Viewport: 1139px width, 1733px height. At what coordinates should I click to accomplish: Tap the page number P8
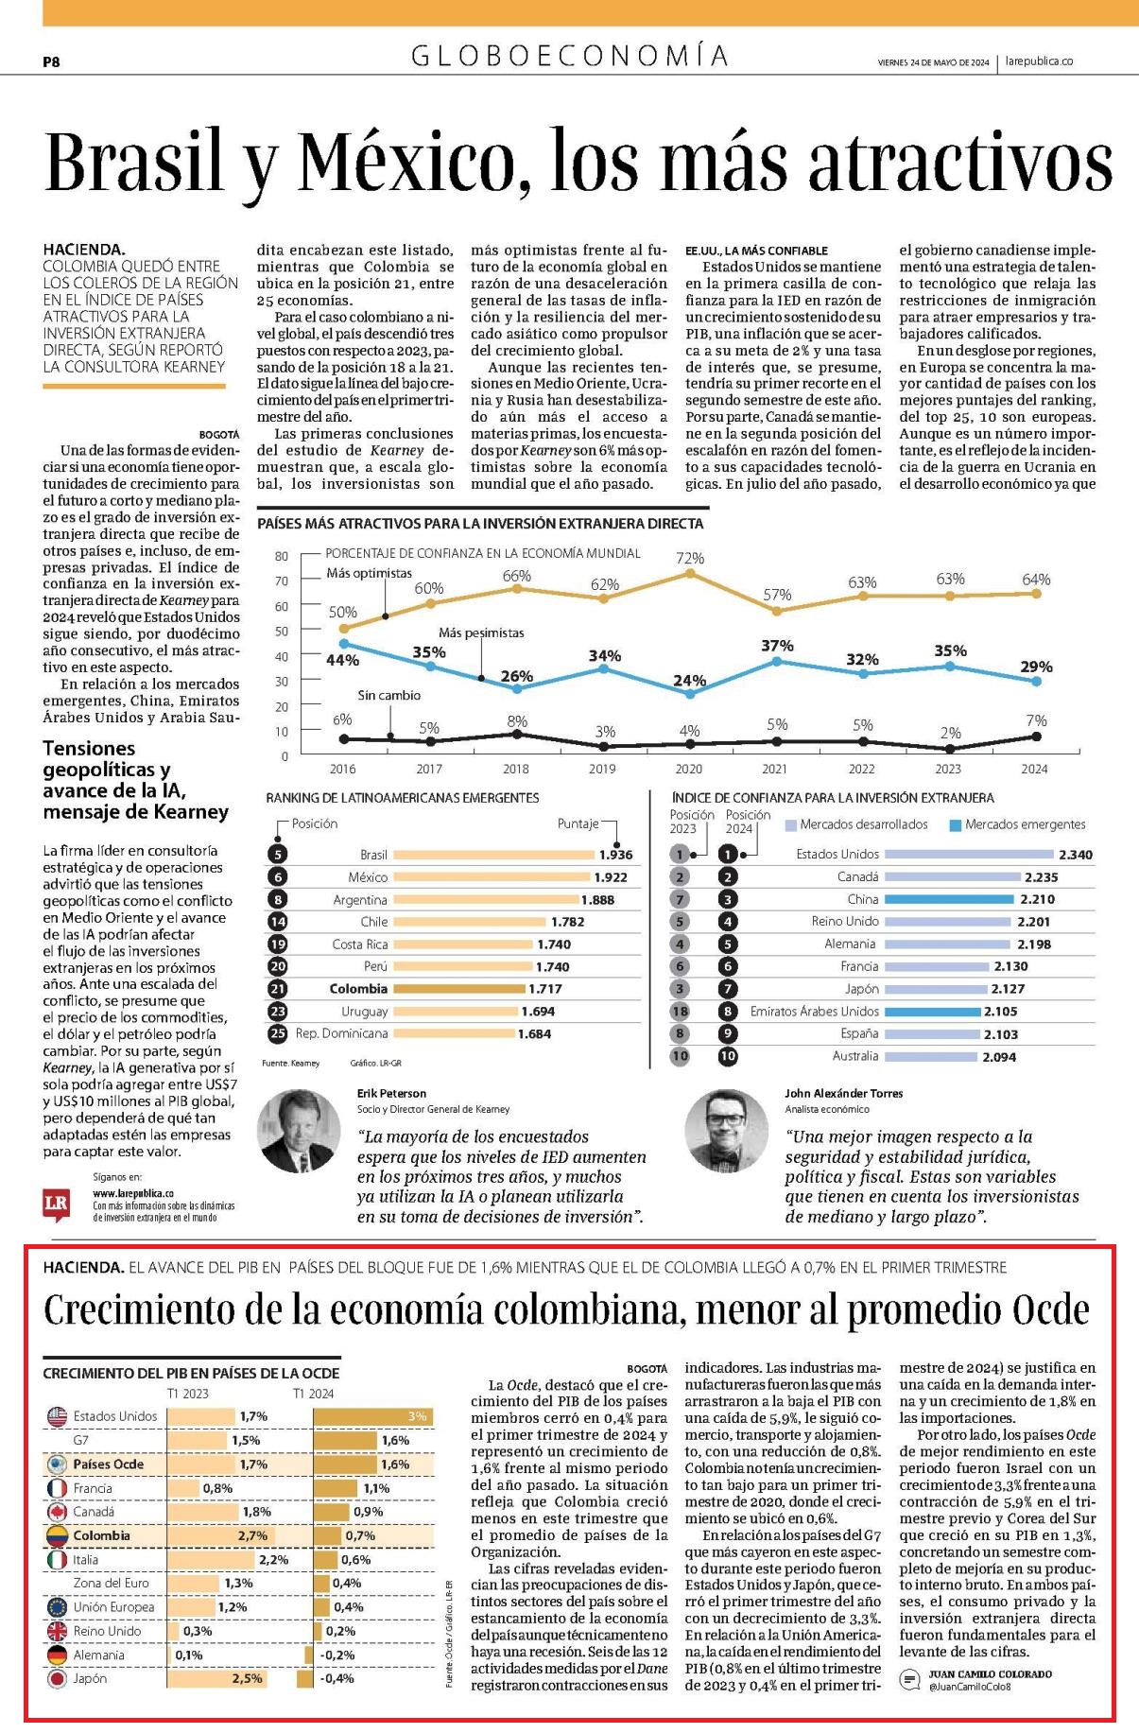(51, 61)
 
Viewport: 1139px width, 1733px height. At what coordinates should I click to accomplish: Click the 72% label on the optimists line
(690, 559)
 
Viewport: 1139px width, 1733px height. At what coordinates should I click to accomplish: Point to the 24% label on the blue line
(690, 680)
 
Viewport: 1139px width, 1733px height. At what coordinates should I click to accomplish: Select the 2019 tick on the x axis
(602, 769)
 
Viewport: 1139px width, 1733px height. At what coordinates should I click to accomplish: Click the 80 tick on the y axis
(282, 556)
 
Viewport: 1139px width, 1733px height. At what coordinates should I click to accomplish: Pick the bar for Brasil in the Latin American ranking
(493, 855)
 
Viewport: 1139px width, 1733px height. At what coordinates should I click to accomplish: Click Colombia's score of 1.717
(544, 989)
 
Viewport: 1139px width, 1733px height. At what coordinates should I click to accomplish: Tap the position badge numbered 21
(277, 989)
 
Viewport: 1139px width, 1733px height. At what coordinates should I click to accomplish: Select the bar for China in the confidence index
(948, 899)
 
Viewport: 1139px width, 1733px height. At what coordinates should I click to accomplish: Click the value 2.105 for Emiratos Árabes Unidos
(1000, 1012)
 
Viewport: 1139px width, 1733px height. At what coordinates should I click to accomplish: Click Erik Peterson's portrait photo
(299, 1131)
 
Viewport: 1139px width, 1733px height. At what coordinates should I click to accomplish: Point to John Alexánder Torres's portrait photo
(726, 1131)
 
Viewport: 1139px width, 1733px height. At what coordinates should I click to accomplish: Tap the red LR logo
(57, 1205)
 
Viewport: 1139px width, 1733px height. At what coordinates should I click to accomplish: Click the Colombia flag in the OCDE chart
(57, 1535)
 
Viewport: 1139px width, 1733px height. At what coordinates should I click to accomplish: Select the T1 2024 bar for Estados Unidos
(373, 1416)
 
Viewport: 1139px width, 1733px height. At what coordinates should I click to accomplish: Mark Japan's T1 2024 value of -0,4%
(337, 1679)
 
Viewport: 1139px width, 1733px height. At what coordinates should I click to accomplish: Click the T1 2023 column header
(188, 1394)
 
